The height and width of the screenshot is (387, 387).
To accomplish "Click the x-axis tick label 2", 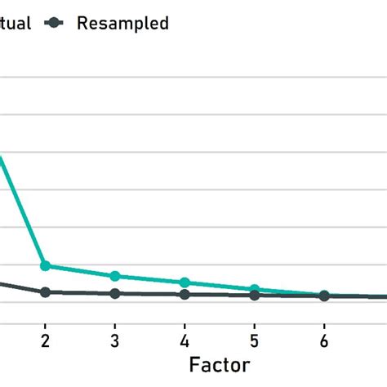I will click(45, 340).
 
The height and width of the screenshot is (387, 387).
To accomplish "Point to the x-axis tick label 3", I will click(115, 340).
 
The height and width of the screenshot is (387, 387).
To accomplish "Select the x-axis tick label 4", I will click(185, 340).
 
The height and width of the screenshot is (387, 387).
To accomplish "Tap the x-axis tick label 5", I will click(255, 340).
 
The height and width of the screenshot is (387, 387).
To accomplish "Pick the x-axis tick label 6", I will click(324, 340).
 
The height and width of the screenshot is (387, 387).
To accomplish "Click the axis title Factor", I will click(219, 364).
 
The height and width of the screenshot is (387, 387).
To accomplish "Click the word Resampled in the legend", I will click(122, 23).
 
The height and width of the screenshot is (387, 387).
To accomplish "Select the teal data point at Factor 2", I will click(46, 266).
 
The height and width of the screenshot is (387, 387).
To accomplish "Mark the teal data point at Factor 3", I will click(115, 276).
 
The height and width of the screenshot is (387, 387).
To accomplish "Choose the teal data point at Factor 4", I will click(185, 282).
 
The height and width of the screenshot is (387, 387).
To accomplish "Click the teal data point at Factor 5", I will click(255, 290).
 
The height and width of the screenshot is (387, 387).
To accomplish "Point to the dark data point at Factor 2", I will click(46, 291).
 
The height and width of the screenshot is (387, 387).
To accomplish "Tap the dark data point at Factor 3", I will click(115, 293).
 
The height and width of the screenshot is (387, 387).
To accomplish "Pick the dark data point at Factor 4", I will click(185, 294).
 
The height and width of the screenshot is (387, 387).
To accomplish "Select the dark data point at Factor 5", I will click(255, 295).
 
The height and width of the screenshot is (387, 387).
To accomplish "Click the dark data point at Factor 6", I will click(324, 296).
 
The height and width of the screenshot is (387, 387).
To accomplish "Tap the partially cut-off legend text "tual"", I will click(15, 23).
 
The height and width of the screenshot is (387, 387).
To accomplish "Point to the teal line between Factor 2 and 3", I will click(80, 271).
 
